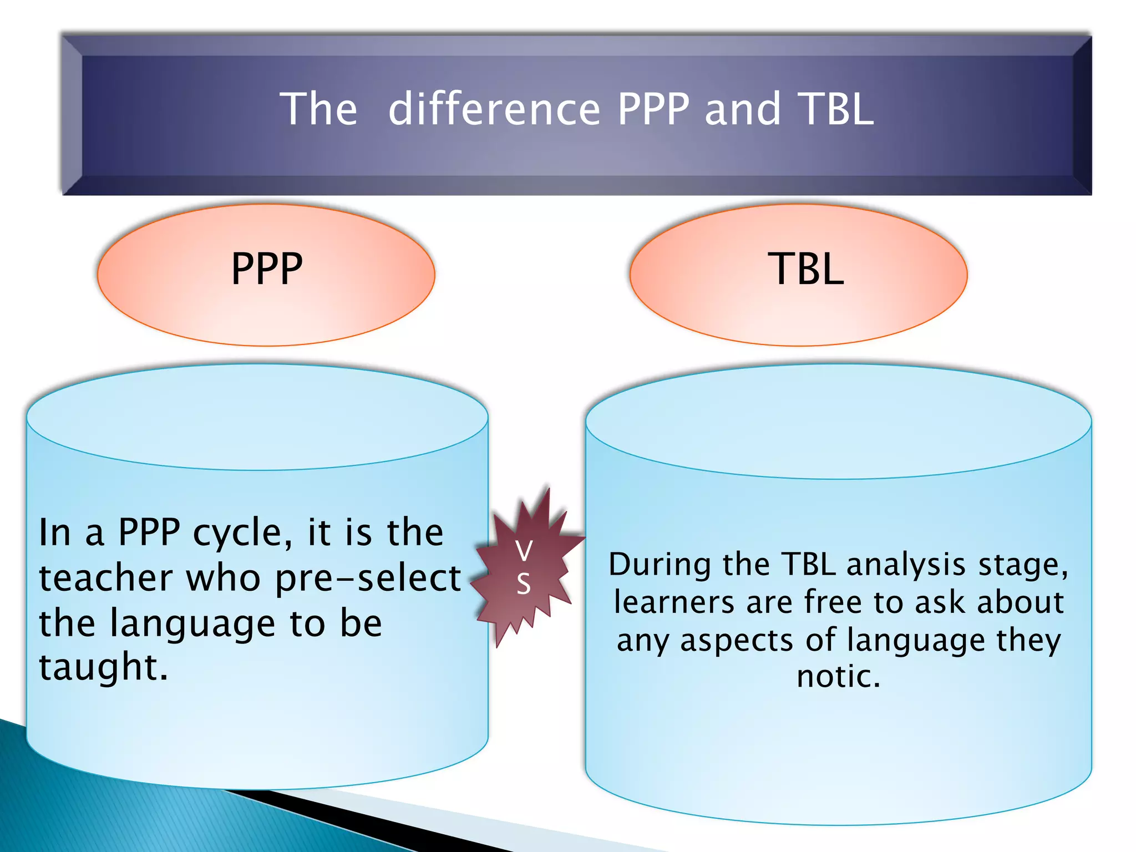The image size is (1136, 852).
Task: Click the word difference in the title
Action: (494, 109)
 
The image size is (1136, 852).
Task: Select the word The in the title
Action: (318, 109)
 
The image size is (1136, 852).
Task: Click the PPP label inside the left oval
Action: (267, 270)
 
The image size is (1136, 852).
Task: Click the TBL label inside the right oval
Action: (805, 270)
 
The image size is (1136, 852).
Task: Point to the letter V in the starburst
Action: (524, 551)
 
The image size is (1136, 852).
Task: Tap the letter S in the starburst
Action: (524, 584)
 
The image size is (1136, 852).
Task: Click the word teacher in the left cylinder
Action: (105, 579)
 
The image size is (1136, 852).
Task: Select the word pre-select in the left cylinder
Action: (368, 579)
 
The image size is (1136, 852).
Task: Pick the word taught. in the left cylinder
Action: (103, 667)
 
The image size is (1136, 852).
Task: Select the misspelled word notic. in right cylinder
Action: (838, 677)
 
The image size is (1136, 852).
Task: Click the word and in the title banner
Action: (743, 109)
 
